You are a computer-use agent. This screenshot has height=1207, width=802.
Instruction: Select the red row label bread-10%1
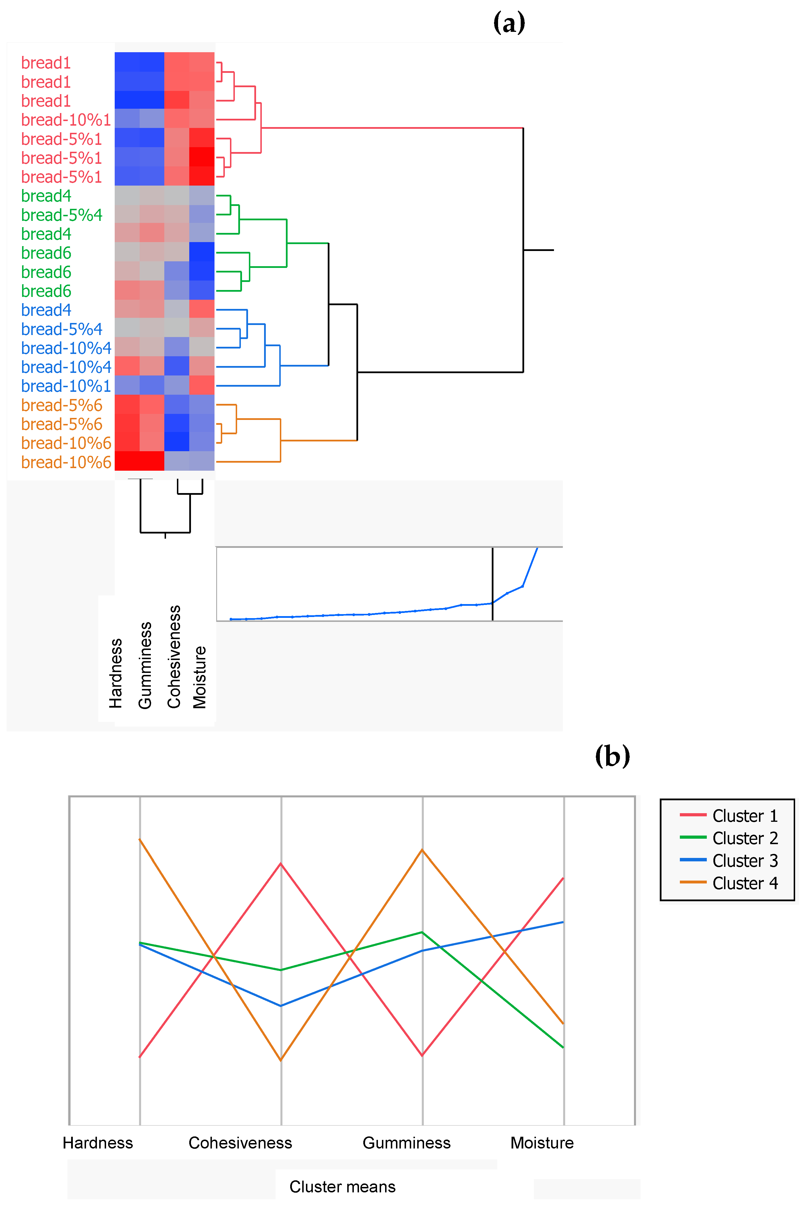click(x=66, y=120)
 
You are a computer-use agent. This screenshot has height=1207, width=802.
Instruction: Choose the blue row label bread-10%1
click(x=66, y=386)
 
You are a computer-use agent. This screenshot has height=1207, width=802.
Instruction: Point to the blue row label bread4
click(x=46, y=310)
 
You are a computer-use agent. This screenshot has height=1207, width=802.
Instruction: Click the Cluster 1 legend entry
click(x=729, y=815)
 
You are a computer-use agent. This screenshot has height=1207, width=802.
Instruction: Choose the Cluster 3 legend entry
click(x=729, y=861)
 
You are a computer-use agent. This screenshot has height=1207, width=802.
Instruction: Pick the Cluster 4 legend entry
click(x=729, y=883)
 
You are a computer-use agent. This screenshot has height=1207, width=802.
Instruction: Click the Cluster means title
click(x=342, y=1187)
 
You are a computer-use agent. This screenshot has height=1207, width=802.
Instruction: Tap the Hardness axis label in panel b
click(x=98, y=1142)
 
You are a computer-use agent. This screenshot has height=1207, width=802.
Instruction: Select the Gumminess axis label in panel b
click(x=407, y=1142)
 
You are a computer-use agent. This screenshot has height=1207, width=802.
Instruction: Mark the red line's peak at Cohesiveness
click(x=281, y=864)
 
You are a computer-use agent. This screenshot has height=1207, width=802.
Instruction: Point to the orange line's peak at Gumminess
click(x=422, y=850)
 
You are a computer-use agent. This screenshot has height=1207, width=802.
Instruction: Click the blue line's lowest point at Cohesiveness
click(x=281, y=1006)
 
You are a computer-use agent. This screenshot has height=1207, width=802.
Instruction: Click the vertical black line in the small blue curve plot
click(x=493, y=583)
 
